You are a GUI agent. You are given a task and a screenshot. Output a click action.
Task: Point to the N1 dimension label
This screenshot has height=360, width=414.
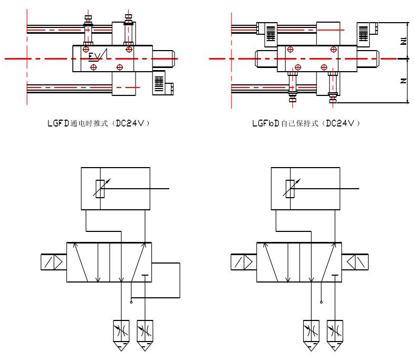click(403, 41)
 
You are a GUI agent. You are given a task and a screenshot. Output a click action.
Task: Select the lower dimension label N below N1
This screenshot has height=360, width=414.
click(403, 81)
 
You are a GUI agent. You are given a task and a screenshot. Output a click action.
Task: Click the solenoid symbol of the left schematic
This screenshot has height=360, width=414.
click(52, 262)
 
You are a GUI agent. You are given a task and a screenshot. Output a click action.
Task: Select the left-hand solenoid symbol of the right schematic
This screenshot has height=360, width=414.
click(242, 262)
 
